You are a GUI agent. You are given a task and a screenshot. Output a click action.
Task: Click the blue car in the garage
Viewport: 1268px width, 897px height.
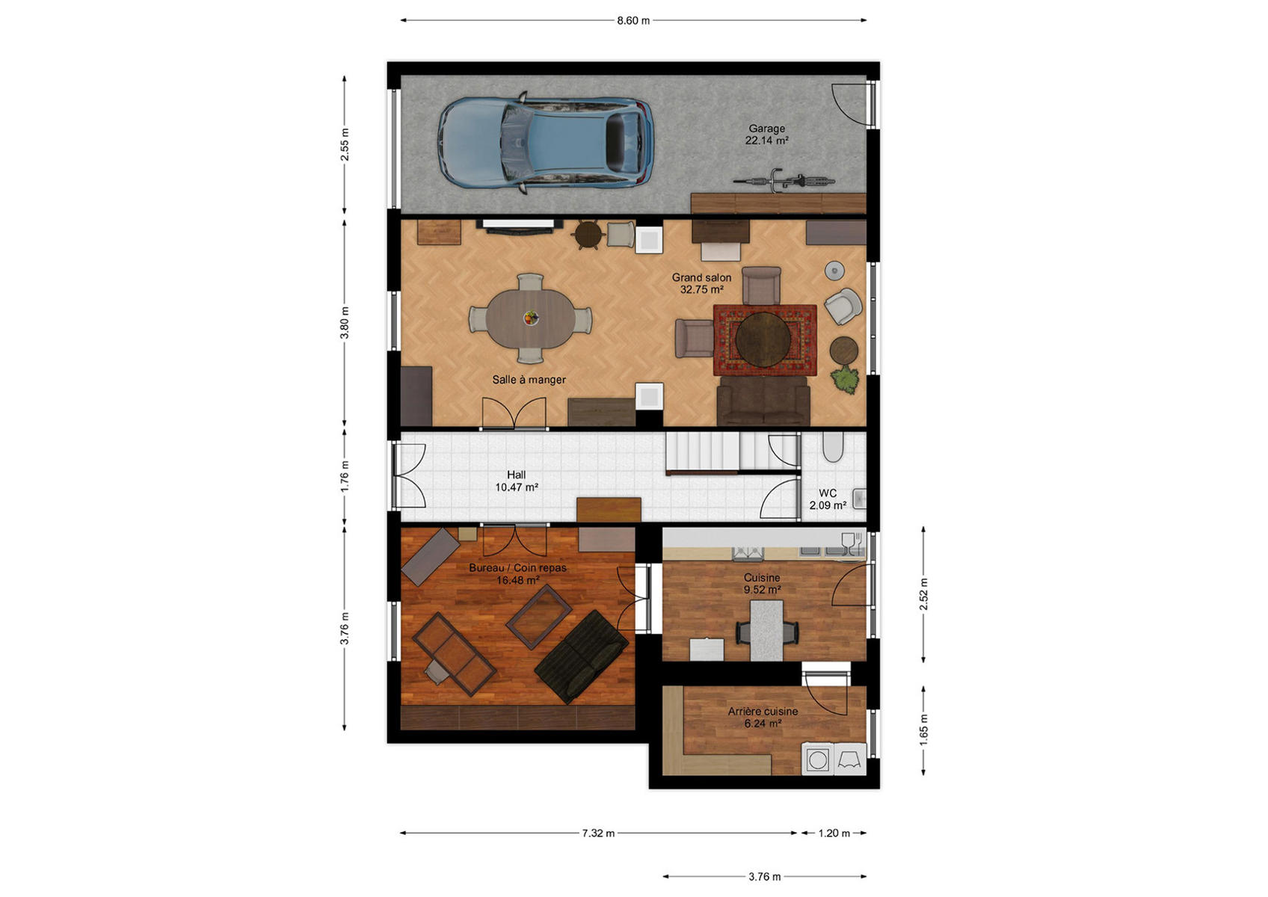tap(545, 142)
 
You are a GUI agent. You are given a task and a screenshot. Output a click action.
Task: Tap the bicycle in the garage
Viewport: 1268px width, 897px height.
tap(784, 181)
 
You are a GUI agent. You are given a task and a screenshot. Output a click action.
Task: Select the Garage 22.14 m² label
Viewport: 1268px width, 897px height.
tap(767, 134)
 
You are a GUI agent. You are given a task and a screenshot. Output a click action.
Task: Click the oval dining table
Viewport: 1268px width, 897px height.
tap(530, 319)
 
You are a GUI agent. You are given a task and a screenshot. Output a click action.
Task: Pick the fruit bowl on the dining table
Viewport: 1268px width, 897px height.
tap(531, 318)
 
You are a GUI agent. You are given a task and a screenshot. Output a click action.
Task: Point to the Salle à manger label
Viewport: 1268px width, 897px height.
tap(529, 380)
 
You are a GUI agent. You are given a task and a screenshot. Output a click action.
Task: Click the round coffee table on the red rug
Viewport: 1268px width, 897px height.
tap(763, 339)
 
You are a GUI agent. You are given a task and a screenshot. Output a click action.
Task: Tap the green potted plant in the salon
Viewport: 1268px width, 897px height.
tap(845, 378)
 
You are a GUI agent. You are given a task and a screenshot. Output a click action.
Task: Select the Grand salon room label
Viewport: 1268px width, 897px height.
tap(701, 283)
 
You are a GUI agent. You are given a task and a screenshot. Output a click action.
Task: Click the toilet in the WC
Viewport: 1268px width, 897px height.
tap(833, 447)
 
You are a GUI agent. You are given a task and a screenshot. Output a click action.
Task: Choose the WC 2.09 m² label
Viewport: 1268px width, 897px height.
tap(828, 499)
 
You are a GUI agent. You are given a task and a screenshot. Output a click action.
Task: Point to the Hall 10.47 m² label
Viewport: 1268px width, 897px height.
tap(517, 481)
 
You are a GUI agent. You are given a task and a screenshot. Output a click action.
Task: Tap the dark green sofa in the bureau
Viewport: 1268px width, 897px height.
tap(581, 656)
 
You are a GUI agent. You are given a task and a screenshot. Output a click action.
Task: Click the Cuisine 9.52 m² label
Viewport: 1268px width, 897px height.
tap(762, 584)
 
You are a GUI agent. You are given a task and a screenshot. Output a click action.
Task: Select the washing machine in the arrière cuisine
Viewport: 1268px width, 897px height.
tap(817, 760)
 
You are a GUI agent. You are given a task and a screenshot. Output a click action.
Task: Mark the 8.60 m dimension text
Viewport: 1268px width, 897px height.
tap(633, 21)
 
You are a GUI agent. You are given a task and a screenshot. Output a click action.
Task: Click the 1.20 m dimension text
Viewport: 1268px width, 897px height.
tap(834, 833)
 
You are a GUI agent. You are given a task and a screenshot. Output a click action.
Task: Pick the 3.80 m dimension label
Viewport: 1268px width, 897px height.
tap(345, 323)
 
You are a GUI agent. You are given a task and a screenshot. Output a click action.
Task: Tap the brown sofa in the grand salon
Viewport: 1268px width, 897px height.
tap(763, 401)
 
